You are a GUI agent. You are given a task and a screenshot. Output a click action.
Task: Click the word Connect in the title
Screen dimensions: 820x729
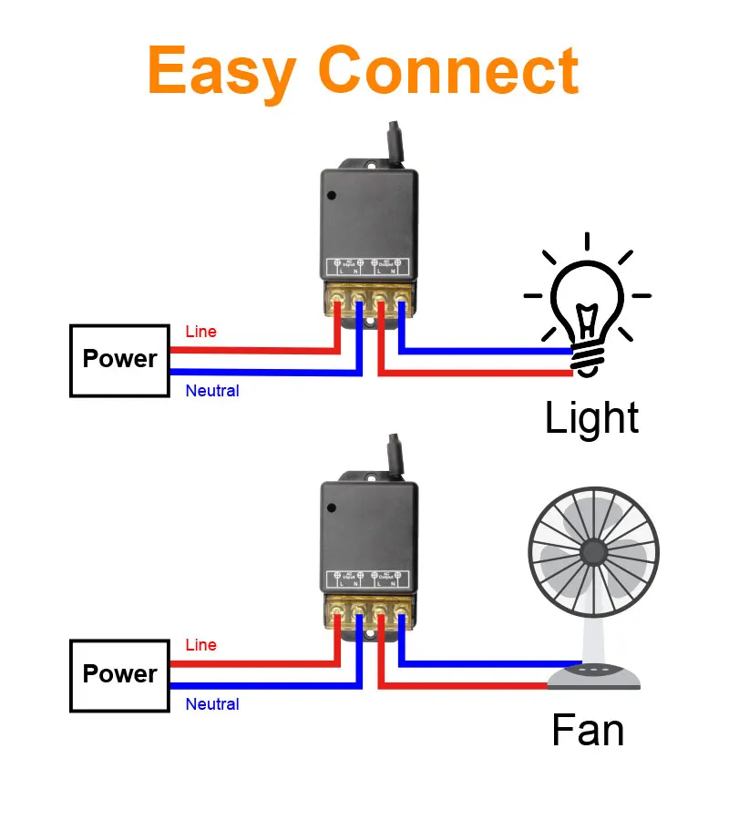[448, 71]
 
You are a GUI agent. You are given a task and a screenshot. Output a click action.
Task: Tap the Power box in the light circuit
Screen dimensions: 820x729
[119, 359]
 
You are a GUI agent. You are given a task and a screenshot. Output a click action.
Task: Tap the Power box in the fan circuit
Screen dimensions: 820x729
[119, 674]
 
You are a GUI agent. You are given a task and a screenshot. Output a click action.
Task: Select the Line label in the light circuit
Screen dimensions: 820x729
[200, 332]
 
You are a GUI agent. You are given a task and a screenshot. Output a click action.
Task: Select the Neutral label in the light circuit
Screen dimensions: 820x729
[212, 391]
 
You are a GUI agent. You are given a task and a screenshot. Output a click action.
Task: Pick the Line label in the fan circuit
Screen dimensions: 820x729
[200, 645]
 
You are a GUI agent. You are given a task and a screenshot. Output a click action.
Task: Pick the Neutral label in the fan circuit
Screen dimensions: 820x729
[212, 704]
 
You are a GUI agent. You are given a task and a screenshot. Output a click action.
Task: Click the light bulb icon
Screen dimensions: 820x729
[588, 301]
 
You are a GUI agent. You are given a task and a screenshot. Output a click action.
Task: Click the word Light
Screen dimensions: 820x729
[591, 418]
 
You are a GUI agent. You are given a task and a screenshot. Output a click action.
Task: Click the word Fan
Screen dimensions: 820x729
[588, 732]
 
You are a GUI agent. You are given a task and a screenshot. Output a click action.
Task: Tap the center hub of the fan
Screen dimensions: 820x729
[593, 551]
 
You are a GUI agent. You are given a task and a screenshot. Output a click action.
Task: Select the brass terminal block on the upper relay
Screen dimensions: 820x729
[368, 299]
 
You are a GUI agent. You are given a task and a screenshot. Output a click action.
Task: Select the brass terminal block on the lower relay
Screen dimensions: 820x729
[368, 612]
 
